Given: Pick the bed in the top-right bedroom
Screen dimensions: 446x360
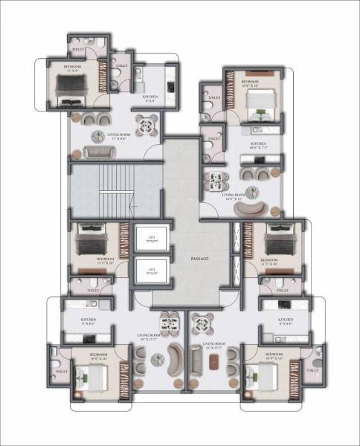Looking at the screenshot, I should point(258,99).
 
